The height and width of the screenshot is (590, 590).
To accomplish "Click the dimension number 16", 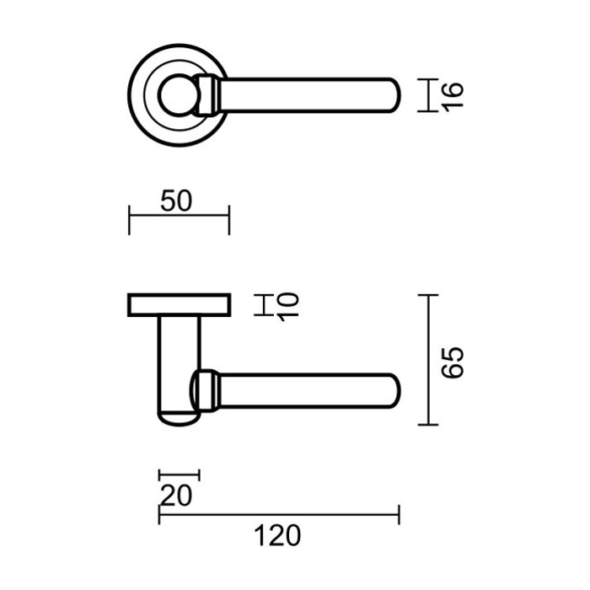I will (x=453, y=95).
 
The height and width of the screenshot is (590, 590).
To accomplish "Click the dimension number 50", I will (x=178, y=201).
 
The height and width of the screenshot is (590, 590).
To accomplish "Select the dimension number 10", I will (x=287, y=305).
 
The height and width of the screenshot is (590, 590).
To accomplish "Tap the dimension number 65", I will (x=453, y=361).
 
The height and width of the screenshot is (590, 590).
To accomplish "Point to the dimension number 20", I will (x=176, y=495).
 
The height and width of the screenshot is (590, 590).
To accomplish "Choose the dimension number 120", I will (x=278, y=534).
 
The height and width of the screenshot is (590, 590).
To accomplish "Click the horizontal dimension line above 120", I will (x=278, y=512).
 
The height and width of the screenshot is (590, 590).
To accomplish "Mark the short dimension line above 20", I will (x=179, y=475).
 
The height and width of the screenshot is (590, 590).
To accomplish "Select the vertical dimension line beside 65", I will (x=429, y=361).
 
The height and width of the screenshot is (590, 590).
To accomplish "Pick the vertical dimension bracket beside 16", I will (x=429, y=95).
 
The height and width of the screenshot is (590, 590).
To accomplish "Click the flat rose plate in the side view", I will (x=178, y=304).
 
